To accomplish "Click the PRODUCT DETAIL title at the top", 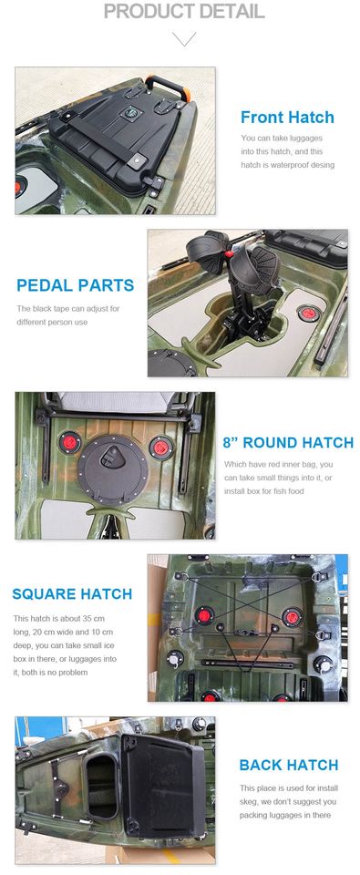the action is [x=183, y=11].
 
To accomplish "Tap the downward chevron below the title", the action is [x=183, y=38].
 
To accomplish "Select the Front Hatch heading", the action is [x=287, y=118].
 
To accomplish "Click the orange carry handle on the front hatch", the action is [x=168, y=87].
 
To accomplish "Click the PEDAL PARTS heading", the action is [x=76, y=285].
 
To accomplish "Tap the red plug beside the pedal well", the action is [x=307, y=313].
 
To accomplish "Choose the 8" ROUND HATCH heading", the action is [x=288, y=443].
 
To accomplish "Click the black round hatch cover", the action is [x=113, y=463].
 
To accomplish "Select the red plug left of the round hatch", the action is [x=70, y=443].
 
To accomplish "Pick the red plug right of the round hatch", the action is [x=160, y=447].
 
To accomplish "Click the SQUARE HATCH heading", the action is [x=72, y=593].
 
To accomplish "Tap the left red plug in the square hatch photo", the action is [x=204, y=615].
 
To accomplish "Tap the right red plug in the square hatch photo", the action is [x=292, y=617].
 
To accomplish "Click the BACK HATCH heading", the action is [x=289, y=765].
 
